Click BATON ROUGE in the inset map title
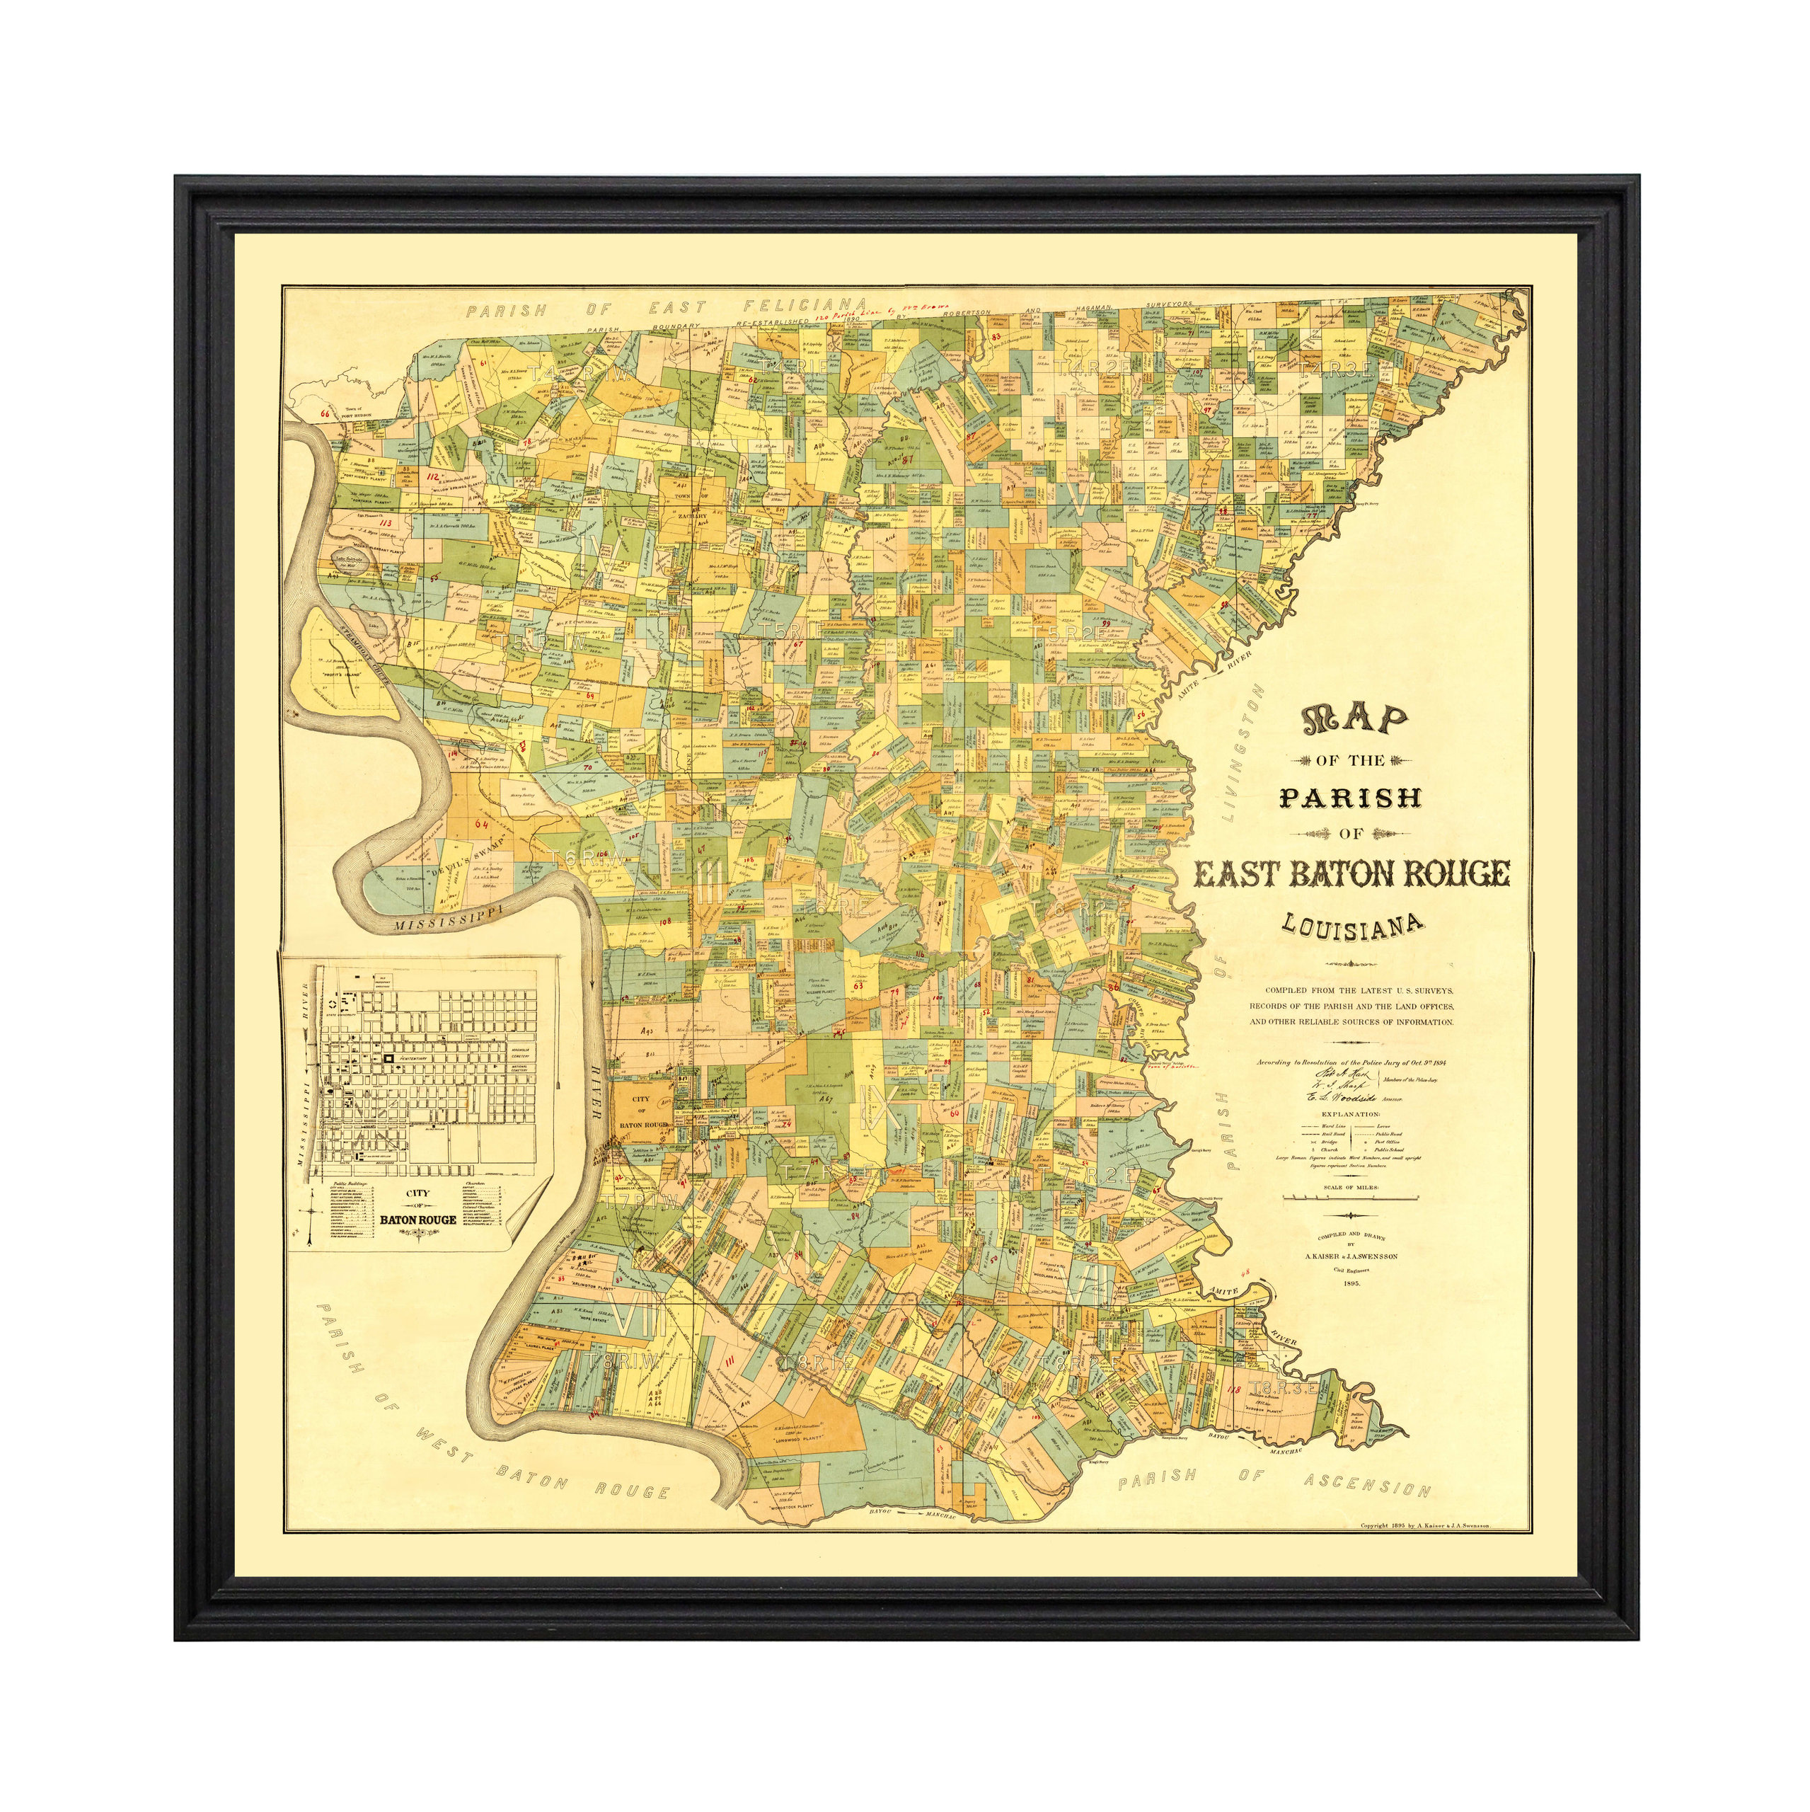click(x=418, y=1220)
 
